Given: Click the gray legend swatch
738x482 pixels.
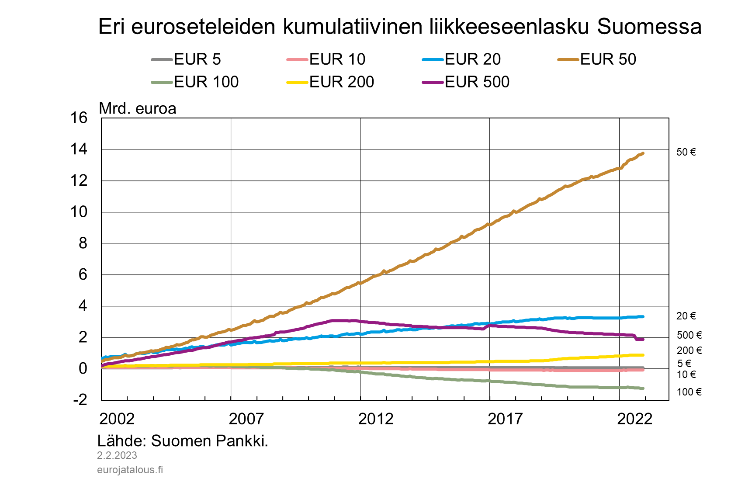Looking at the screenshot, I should click(162, 59).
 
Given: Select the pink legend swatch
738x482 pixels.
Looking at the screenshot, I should click(297, 59).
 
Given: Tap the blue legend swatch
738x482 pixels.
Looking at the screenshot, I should click(433, 59).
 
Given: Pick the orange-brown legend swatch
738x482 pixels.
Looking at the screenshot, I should click(568, 59).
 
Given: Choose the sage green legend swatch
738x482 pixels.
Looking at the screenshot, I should click(162, 82).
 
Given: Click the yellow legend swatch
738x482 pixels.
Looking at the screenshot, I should click(297, 82).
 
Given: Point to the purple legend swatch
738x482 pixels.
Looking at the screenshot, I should click(433, 82).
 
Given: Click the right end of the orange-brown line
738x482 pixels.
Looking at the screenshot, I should click(643, 153).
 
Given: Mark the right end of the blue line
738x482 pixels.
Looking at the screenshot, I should click(643, 317).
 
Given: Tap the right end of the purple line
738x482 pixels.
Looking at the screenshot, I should click(643, 340).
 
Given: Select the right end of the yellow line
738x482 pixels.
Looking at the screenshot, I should click(643, 355).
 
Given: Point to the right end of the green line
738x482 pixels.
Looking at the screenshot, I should click(643, 388).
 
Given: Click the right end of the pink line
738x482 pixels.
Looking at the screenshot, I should click(643, 370).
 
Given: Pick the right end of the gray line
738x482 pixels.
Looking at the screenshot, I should click(643, 368).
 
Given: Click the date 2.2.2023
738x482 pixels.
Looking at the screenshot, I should click(117, 455).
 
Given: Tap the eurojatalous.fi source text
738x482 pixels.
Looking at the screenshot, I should click(130, 470).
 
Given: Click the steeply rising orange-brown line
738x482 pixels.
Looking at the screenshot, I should click(437, 249).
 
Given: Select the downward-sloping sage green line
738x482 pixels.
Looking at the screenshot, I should click(481, 381).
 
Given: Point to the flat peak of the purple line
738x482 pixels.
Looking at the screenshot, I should click(343, 320).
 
